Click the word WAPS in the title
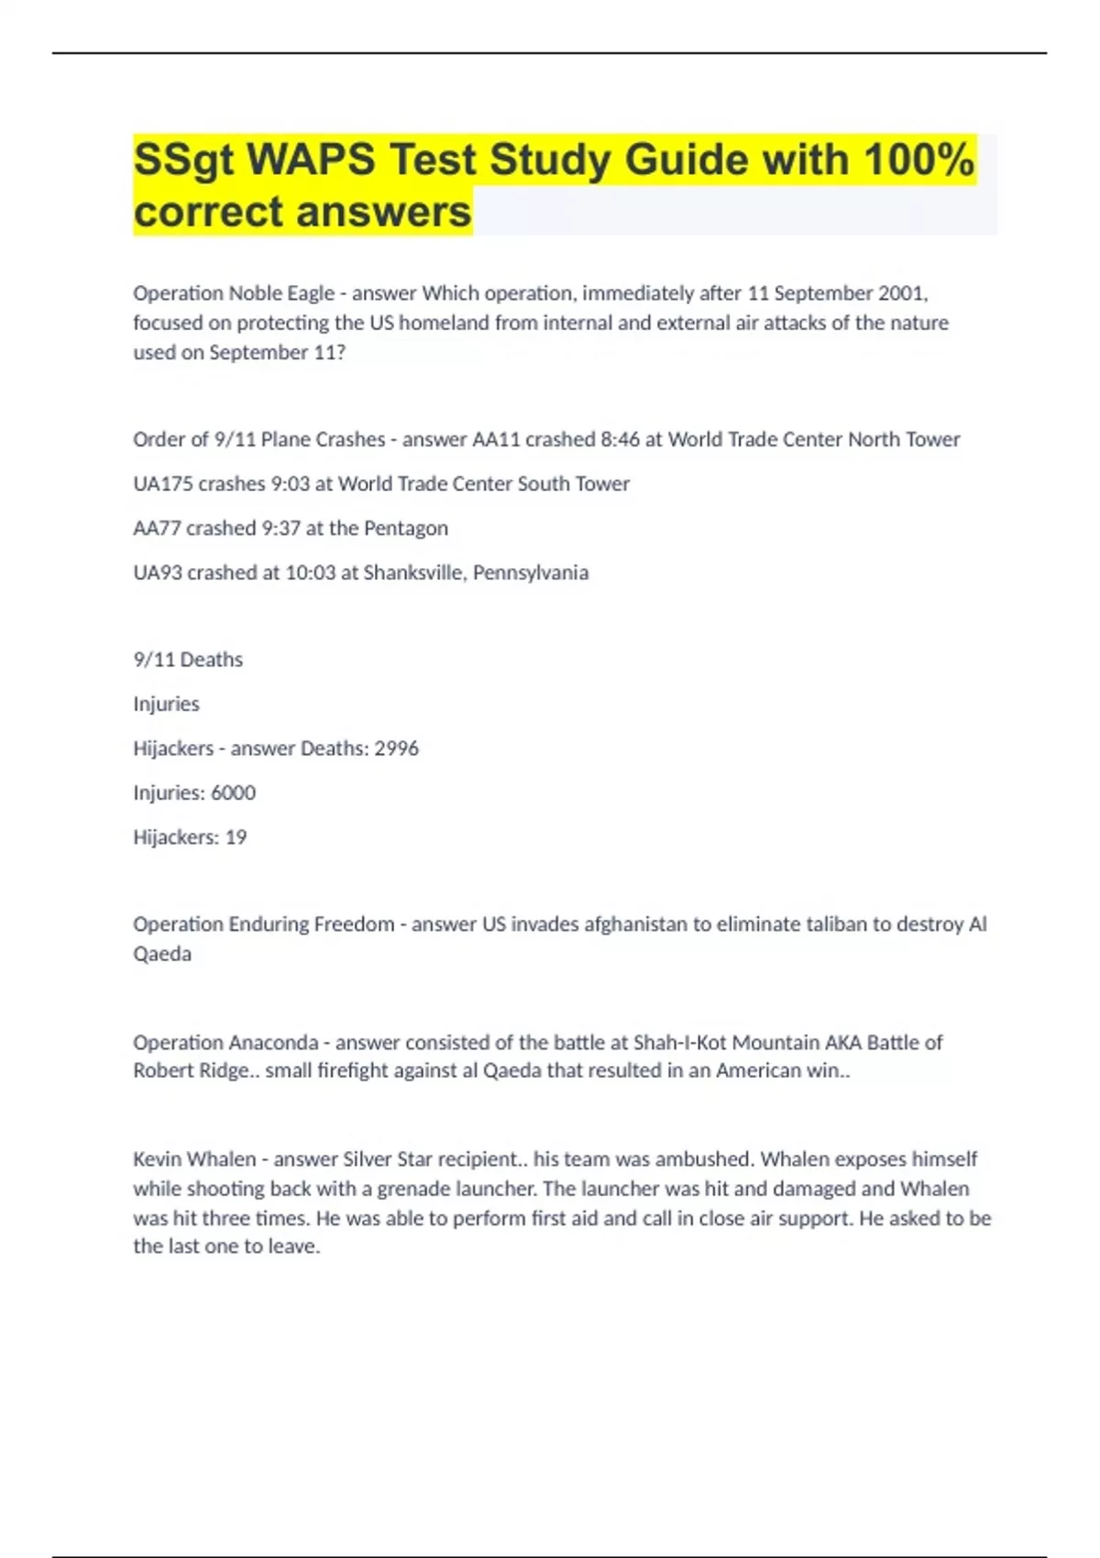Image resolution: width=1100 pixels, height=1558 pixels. [x=312, y=160]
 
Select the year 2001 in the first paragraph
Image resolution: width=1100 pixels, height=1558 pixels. [x=902, y=293]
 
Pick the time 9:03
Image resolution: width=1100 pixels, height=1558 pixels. [x=290, y=484]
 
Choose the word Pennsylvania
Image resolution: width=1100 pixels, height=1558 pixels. [x=531, y=573]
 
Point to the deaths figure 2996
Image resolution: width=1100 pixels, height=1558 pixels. [x=397, y=749]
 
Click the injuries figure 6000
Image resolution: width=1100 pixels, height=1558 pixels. [x=233, y=793]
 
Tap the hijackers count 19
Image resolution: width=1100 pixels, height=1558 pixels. [x=236, y=838]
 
